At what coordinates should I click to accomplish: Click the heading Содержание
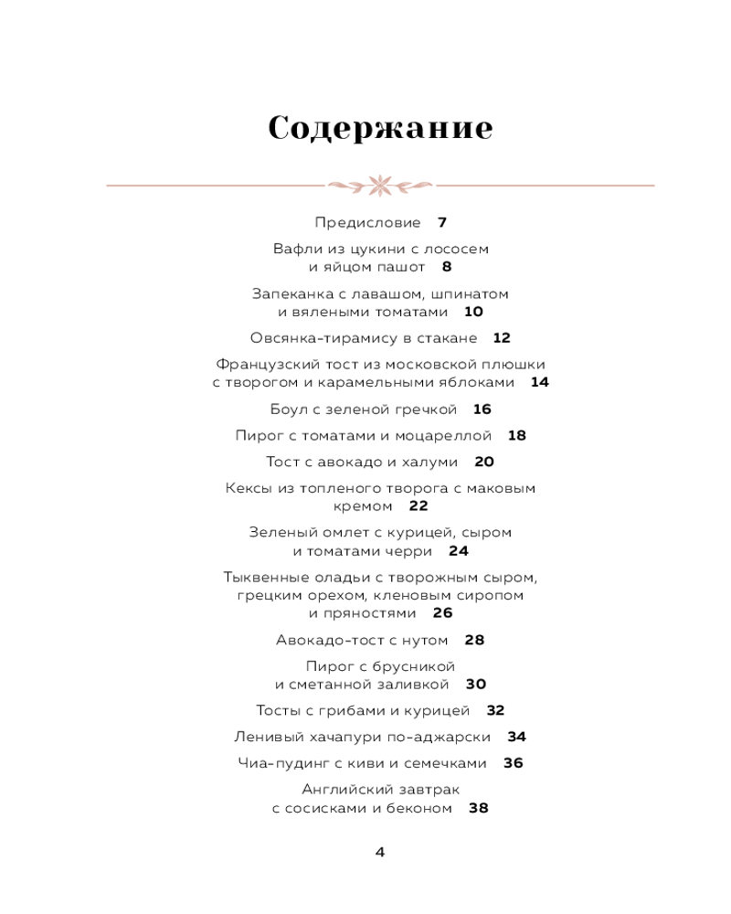click(x=380, y=128)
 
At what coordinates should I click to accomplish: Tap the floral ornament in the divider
click(x=380, y=186)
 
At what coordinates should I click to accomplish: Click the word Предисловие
click(x=367, y=222)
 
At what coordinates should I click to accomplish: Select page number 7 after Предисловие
click(x=442, y=222)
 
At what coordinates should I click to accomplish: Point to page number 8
click(x=447, y=267)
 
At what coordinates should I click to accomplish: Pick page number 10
click(x=473, y=312)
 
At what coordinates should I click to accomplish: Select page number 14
click(x=540, y=383)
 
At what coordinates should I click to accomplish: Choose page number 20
click(x=484, y=462)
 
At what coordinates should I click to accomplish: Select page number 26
click(x=443, y=613)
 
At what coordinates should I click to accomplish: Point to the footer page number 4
click(x=380, y=852)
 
